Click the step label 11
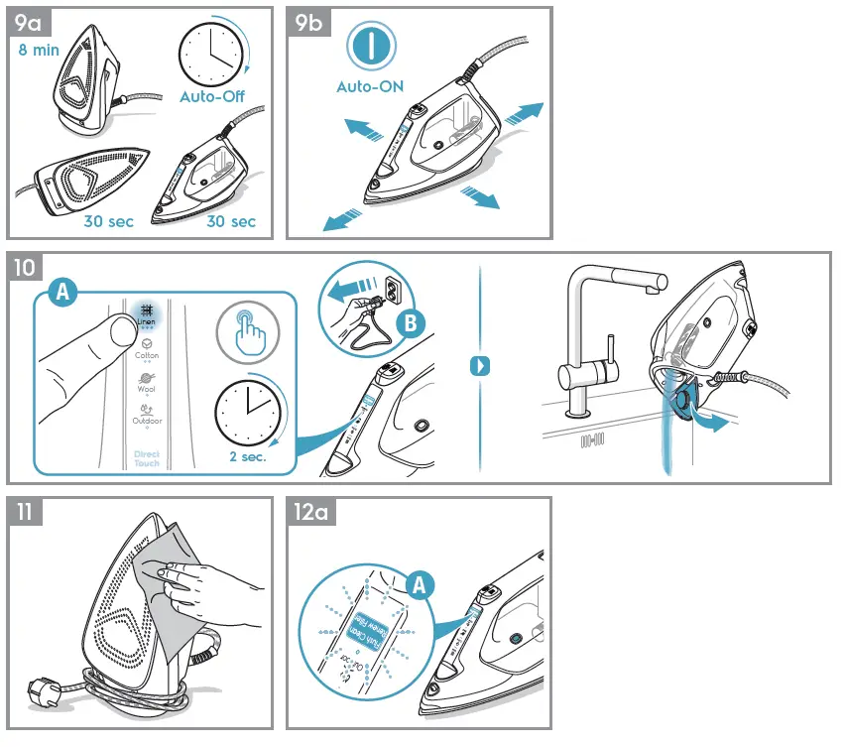25,513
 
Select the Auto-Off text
211,96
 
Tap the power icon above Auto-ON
369,46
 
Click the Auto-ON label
370,87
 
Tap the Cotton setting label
147,355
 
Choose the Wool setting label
147,389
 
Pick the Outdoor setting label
147,421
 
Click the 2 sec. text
248,458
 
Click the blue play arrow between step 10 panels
479,366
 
